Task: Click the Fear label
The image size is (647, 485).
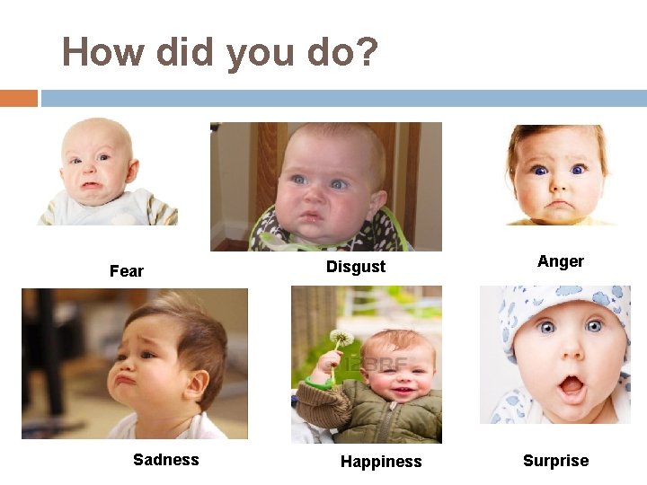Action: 126,270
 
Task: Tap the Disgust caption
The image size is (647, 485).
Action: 355,266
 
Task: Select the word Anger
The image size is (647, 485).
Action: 560,261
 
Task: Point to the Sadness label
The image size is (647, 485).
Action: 165,460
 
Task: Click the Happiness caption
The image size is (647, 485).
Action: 380,462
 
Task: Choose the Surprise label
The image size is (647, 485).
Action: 555,461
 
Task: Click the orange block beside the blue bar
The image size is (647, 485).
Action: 19,98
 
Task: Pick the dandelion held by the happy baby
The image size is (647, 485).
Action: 341,339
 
